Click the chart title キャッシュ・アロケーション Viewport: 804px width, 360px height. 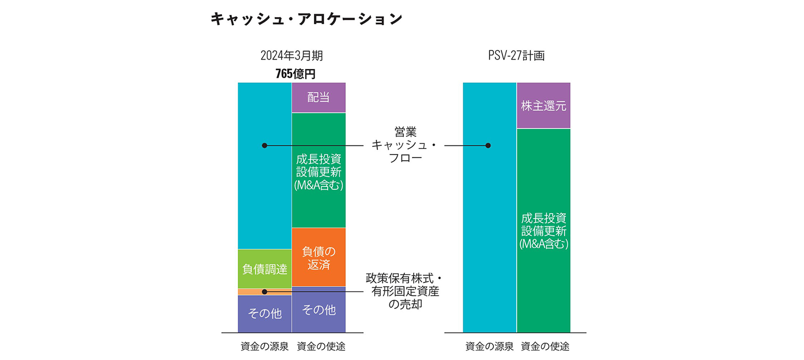306,19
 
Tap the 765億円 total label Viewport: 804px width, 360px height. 295,74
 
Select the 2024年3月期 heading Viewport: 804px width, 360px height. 291,56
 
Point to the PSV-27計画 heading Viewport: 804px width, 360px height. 516,56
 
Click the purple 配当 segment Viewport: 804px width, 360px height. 319,97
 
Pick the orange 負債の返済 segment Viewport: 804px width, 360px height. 319,258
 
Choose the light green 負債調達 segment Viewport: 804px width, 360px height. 265,269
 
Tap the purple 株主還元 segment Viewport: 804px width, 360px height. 543,106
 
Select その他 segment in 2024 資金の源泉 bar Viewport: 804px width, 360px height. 265,314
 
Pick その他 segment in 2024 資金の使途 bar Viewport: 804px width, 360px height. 319,310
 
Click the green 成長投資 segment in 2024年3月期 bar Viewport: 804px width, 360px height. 319,172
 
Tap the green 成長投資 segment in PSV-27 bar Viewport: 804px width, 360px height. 543,231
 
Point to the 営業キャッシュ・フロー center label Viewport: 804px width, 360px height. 405,145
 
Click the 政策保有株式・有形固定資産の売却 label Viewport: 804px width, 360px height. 405,291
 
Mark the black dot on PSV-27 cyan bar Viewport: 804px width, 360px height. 488,145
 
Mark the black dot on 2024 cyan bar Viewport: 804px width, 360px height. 265,145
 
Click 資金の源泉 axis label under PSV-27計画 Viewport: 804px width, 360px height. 489,346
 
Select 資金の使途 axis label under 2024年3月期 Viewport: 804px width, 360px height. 321,346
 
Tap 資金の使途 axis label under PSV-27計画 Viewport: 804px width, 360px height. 545,346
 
